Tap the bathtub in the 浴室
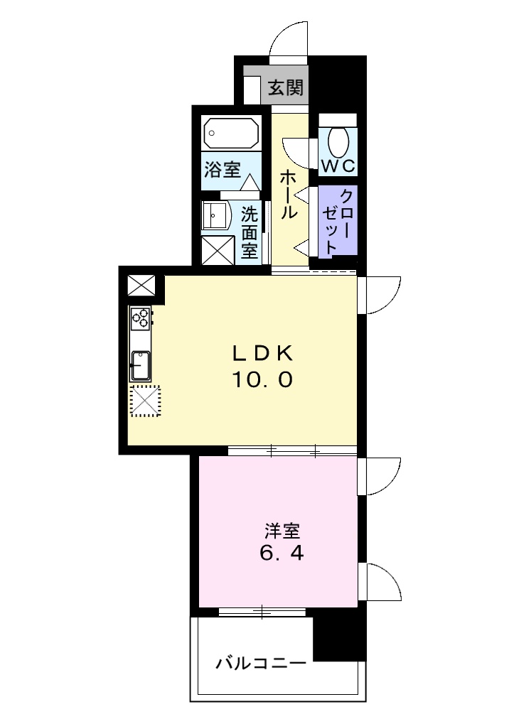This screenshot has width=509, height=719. pyautogui.click(x=230, y=133)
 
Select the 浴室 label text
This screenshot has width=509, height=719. pyautogui.click(x=222, y=171)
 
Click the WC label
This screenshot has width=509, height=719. pyautogui.click(x=338, y=166)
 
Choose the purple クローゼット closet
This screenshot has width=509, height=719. pyautogui.click(x=336, y=220)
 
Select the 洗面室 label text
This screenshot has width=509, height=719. pyautogui.click(x=249, y=232)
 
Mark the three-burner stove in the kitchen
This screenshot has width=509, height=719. pyautogui.click(x=140, y=318)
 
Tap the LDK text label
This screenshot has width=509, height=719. pyautogui.click(x=260, y=352)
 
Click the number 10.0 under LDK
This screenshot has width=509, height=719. pyautogui.click(x=260, y=380)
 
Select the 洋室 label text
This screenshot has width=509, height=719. pyautogui.click(x=282, y=531)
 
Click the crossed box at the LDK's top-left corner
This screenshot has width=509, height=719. pyautogui.click(x=141, y=285)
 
